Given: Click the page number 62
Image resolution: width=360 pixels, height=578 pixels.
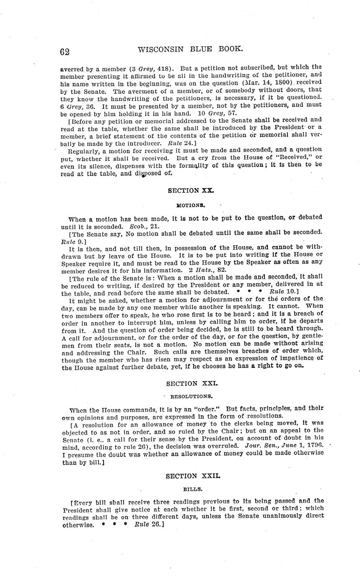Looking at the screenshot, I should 65,52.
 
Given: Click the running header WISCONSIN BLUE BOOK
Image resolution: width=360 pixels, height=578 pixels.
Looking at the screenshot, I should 190,49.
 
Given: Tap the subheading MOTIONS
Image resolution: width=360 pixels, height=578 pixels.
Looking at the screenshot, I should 190,206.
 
